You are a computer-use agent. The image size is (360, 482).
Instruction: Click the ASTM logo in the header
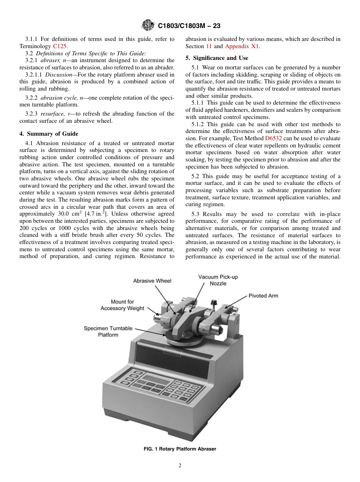point(147,25)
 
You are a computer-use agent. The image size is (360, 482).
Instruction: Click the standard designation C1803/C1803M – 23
point(189,26)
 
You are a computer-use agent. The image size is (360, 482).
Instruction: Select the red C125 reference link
point(60,46)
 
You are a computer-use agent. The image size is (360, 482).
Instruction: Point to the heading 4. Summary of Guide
point(49,134)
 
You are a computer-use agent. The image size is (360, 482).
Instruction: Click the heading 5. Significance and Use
point(217,58)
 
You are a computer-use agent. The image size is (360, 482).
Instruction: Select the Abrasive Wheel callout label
point(152,281)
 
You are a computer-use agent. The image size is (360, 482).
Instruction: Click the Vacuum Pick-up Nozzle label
point(218,280)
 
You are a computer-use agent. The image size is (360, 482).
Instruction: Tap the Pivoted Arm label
point(263,296)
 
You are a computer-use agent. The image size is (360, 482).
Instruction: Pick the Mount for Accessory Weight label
point(122,305)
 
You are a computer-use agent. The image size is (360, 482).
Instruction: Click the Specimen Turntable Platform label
point(108,332)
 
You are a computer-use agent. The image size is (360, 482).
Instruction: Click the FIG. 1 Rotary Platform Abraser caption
point(180,449)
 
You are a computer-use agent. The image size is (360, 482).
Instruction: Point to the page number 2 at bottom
point(180,466)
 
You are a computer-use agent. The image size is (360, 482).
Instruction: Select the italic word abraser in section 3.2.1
point(50,60)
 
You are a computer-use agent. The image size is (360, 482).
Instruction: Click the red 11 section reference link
point(209,46)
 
